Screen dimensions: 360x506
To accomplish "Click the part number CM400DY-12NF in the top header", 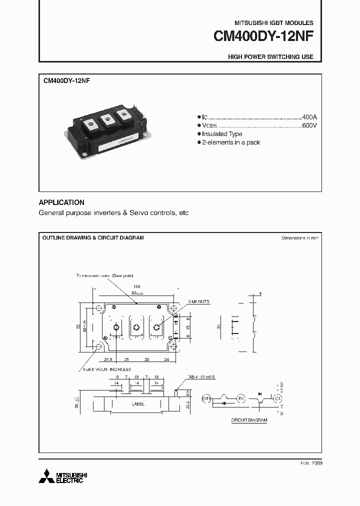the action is click(263, 37).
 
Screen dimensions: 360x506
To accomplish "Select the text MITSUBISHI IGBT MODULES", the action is click(274, 23).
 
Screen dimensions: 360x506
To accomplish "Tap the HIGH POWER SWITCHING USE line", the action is click(270, 57).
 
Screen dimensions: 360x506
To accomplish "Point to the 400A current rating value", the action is click(309, 116).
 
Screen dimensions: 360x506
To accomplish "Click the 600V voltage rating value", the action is click(309, 125).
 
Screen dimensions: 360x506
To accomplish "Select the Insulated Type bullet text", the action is click(222, 134).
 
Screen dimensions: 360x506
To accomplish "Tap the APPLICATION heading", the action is click(61, 202).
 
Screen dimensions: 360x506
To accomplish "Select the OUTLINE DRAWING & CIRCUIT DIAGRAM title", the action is click(93, 238).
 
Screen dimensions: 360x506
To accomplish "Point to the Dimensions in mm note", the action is click(299, 238).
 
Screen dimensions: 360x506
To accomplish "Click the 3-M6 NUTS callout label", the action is click(199, 302).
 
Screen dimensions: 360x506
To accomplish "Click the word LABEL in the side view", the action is click(138, 404).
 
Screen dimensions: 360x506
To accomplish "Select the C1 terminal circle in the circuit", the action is click(276, 398).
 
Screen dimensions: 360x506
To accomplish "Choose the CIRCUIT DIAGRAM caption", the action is click(249, 420).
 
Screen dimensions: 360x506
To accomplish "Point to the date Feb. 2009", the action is click(310, 463).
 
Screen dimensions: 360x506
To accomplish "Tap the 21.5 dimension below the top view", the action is click(108, 359).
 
